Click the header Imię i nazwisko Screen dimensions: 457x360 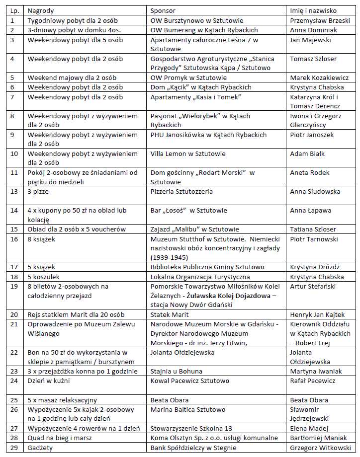(313, 10)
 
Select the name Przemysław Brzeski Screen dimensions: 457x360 (319, 20)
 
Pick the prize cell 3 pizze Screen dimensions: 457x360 (38, 191)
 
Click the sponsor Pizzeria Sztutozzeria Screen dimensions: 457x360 (181, 191)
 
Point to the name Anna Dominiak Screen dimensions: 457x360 (312, 30)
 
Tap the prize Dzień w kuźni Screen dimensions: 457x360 (50, 381)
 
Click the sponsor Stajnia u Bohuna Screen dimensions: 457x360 (177, 371)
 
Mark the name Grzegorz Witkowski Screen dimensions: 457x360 (320, 448)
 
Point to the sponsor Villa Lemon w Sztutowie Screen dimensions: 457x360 (188, 153)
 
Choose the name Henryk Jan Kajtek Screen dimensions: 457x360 (317, 314)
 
